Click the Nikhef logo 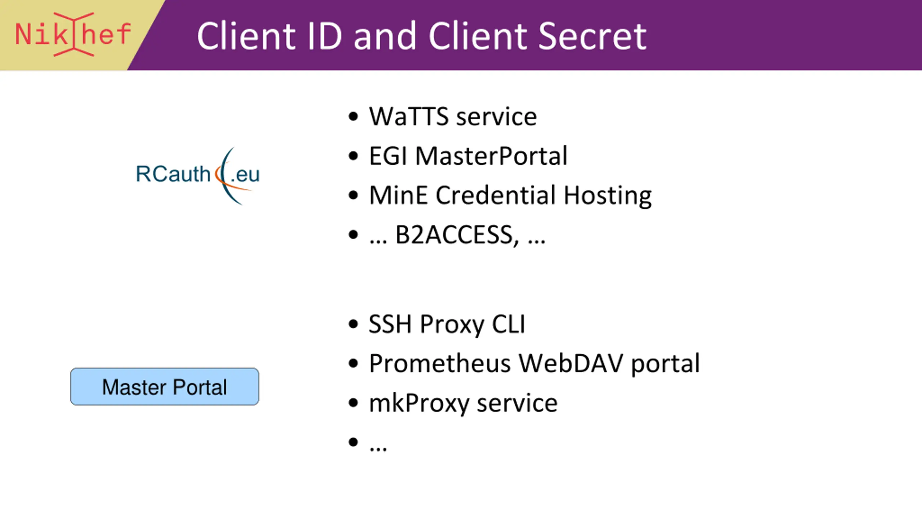click(x=73, y=34)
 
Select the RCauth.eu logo click(x=198, y=175)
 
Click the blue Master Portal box click(x=165, y=387)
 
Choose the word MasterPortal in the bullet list click(x=491, y=156)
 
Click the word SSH click(x=390, y=324)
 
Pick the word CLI click(x=509, y=324)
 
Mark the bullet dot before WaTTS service click(x=353, y=117)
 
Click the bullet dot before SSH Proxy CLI click(x=353, y=324)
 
